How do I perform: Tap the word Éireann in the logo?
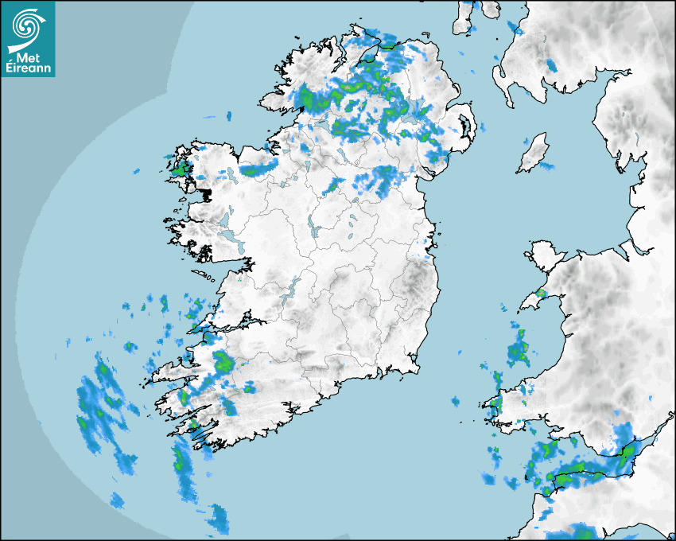pos(29,68)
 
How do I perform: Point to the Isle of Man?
pos(534,153)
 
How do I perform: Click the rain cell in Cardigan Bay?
pos(519,348)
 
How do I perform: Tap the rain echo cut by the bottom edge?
pos(577,531)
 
